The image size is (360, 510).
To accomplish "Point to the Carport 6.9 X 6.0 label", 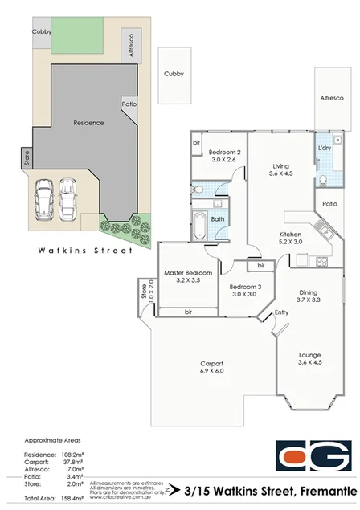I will pyautogui.click(x=211, y=367).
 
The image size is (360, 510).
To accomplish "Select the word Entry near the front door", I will pyautogui.click(x=281, y=312).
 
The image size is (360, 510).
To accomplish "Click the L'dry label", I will pyautogui.click(x=325, y=149).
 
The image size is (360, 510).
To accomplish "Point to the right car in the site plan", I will pyautogui.click(x=69, y=196).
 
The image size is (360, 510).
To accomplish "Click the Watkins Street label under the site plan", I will pyautogui.click(x=85, y=251).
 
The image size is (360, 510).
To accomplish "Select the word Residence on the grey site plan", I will pyautogui.click(x=88, y=123).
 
